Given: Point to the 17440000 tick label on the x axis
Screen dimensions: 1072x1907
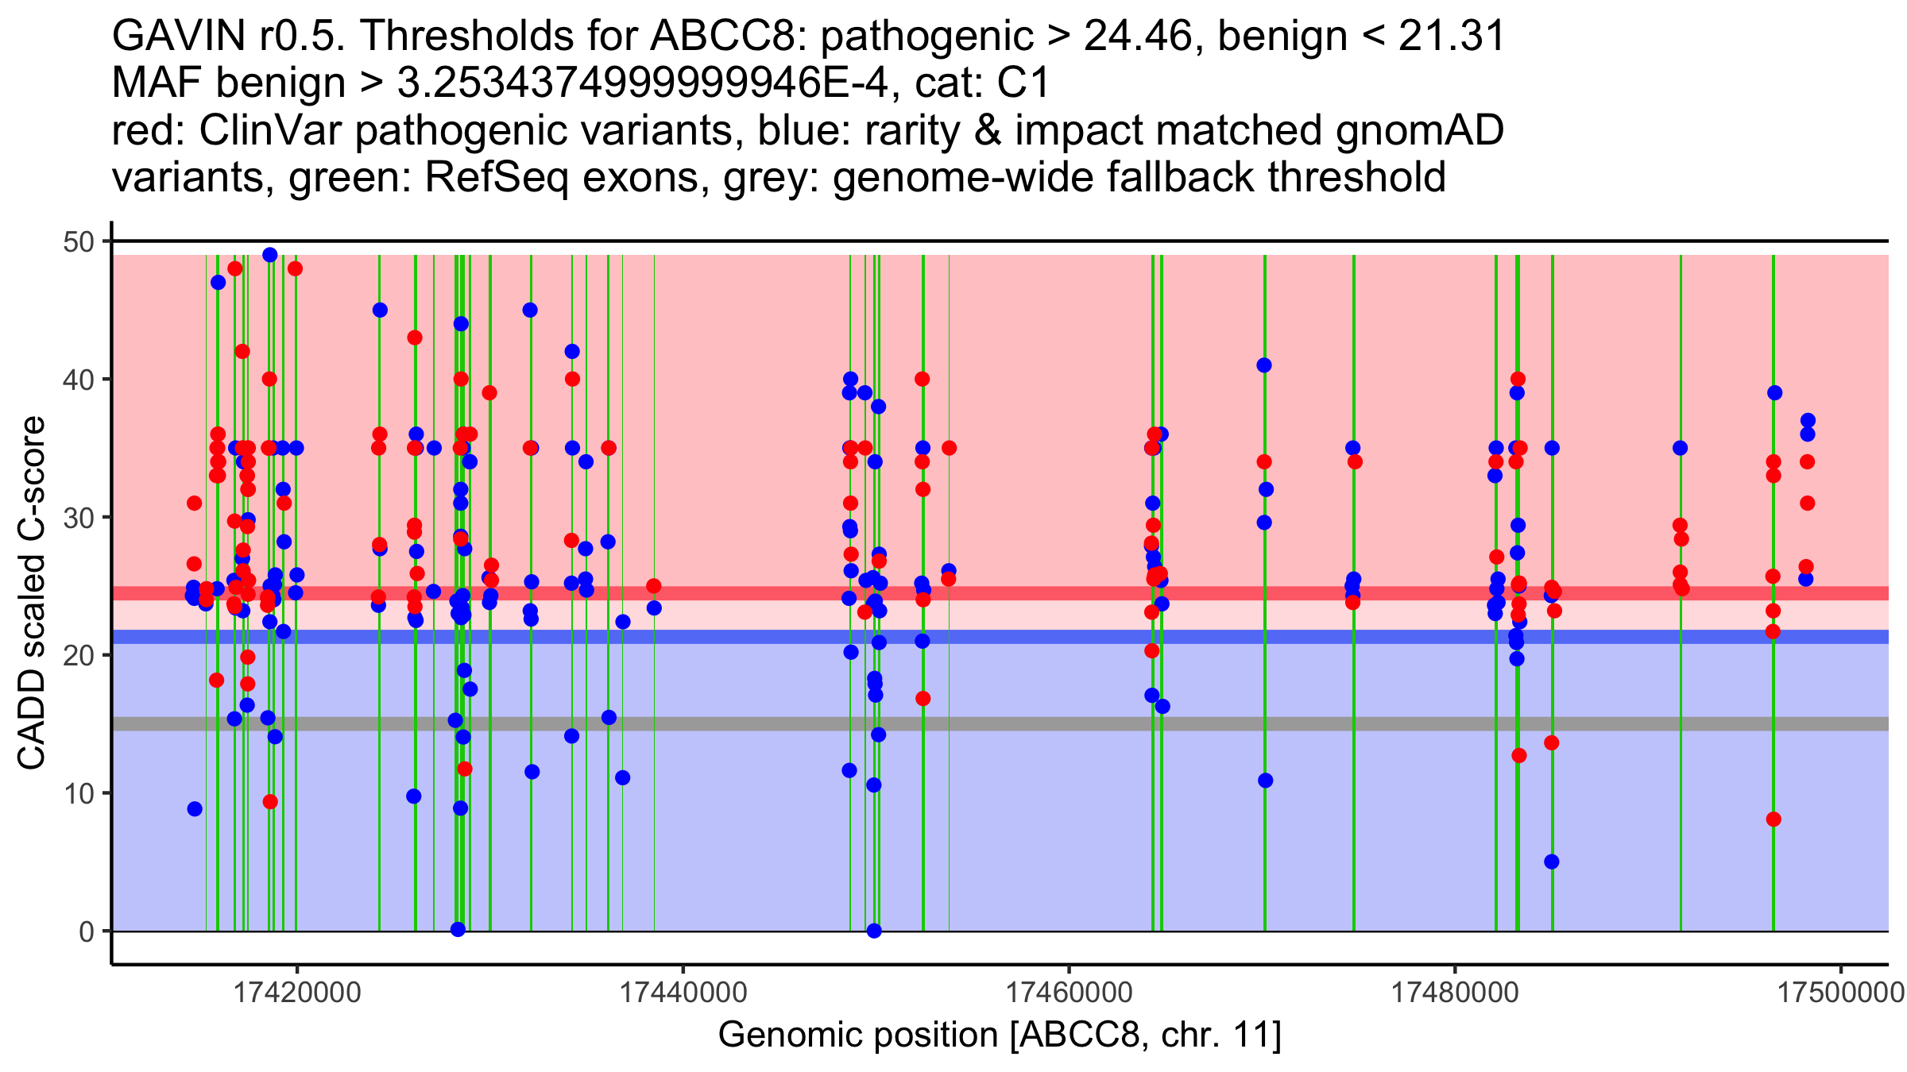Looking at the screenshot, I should click(683, 992).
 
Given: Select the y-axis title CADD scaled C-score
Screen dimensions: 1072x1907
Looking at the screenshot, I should click(32, 592).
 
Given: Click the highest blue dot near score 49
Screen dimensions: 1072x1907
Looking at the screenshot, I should click(270, 255).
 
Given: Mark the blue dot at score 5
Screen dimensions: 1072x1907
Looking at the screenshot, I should click(1552, 862).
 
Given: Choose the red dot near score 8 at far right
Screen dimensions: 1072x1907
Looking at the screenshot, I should click(1774, 819).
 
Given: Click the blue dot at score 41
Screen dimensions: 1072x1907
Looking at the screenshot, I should click(1264, 365).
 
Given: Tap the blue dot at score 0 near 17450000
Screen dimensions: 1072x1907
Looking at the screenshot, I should click(874, 931).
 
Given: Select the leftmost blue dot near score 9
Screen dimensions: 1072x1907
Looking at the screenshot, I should click(195, 809).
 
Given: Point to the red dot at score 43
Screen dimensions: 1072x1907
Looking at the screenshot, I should click(415, 337).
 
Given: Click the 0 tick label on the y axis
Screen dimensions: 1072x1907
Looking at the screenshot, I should click(86, 931).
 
